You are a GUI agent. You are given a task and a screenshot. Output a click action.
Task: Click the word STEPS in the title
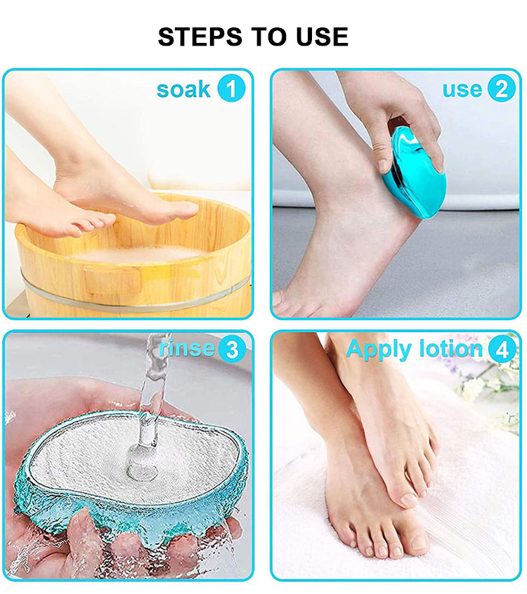[200, 37]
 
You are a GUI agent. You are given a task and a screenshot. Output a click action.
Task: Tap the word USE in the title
[323, 37]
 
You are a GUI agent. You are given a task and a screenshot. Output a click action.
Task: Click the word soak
[183, 89]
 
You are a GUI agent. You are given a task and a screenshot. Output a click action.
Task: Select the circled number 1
[231, 89]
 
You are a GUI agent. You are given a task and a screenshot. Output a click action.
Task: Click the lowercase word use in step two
[462, 89]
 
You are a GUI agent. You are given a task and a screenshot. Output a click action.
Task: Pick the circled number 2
[501, 89]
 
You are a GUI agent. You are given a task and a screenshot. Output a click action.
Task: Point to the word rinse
[187, 348]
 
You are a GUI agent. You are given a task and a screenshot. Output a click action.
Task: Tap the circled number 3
[232, 349]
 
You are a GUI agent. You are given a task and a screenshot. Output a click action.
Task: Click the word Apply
[379, 349]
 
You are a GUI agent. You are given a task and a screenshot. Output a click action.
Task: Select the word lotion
[451, 348]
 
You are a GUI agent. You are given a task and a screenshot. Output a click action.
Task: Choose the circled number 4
[502, 349]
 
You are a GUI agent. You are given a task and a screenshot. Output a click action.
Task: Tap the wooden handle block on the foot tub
[113, 281]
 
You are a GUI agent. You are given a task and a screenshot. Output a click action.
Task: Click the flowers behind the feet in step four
[485, 382]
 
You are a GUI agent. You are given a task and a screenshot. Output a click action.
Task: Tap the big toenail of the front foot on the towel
[409, 500]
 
